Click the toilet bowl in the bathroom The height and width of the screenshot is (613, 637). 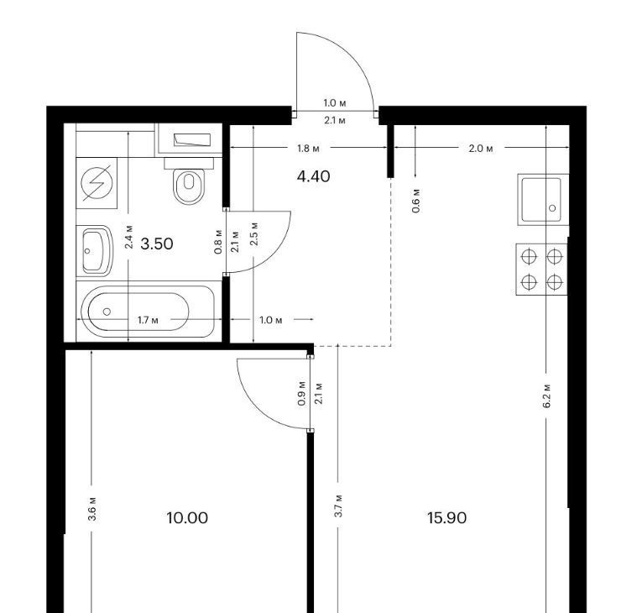[x=189, y=186]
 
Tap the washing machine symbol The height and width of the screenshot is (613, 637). [x=97, y=183]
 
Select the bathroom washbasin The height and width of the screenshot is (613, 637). [x=95, y=251]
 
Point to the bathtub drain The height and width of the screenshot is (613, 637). [x=107, y=312]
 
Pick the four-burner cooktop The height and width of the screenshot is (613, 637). [x=541, y=269]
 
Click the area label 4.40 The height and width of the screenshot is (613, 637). [x=314, y=176]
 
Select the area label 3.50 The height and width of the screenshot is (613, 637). [x=157, y=244]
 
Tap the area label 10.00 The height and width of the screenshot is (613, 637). [x=187, y=518]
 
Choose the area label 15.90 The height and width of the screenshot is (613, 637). [x=446, y=518]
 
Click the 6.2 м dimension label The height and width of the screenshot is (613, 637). [x=547, y=396]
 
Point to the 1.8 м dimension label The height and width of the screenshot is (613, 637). [x=308, y=149]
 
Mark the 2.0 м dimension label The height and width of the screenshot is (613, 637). [x=481, y=149]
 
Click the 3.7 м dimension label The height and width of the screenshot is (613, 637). [x=338, y=506]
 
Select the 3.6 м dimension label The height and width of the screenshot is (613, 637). [x=92, y=509]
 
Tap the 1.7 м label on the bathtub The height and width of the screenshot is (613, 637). [x=149, y=320]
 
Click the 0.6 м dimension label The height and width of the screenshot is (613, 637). [x=416, y=201]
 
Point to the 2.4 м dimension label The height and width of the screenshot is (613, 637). [x=129, y=237]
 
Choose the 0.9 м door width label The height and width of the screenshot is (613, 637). [x=301, y=394]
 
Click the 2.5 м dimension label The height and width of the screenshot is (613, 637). [x=254, y=233]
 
